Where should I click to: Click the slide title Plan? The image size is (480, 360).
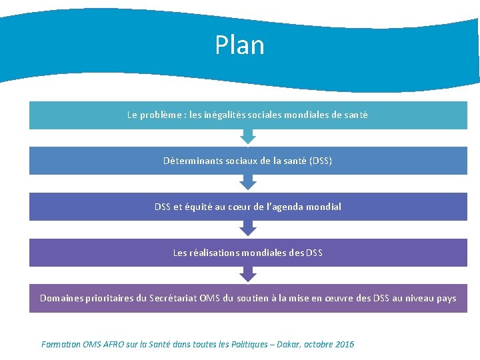pos(239,45)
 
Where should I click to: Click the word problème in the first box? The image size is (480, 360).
pos(165,115)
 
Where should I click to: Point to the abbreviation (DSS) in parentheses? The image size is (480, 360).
pos(321,161)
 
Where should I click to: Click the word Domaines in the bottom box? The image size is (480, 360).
pos(62,298)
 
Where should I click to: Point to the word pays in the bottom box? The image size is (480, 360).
pos(446,298)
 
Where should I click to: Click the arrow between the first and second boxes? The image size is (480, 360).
pos(248,137)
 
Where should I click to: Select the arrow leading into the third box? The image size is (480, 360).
pos(248,183)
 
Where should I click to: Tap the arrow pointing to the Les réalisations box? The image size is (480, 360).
pos(248,229)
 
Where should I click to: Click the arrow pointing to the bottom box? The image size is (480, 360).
pos(248,275)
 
